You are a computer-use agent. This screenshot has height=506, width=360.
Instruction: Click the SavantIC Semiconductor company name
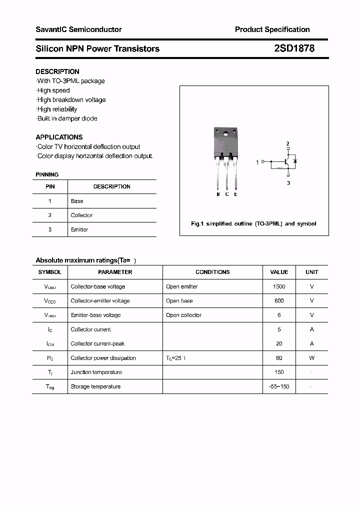(78, 29)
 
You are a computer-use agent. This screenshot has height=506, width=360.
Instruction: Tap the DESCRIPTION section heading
(57, 71)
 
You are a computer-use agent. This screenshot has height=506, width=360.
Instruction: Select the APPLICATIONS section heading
(59, 137)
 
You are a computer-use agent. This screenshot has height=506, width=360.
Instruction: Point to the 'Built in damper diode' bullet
(67, 118)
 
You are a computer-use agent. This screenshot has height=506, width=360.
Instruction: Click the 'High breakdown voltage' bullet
(71, 99)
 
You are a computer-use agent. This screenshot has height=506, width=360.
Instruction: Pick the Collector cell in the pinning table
(81, 215)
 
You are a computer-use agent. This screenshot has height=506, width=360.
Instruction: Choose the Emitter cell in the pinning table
(79, 229)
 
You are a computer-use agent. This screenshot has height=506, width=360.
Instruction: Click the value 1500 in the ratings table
(279, 286)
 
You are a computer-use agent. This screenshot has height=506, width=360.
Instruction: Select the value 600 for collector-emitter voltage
(279, 301)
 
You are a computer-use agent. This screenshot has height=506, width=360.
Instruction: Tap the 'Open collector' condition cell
(183, 315)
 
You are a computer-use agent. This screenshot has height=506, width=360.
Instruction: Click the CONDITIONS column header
(212, 272)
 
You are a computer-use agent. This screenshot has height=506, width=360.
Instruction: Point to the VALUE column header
(279, 272)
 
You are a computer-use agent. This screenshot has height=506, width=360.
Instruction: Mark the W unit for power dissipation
(311, 358)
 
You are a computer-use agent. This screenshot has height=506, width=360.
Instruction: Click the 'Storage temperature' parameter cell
(95, 386)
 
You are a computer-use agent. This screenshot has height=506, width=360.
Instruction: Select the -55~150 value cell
(279, 386)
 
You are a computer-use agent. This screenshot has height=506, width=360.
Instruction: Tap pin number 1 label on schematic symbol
(257, 162)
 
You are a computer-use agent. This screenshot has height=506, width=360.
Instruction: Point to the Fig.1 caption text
(253, 223)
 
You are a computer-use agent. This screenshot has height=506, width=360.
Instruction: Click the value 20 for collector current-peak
(279, 343)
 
